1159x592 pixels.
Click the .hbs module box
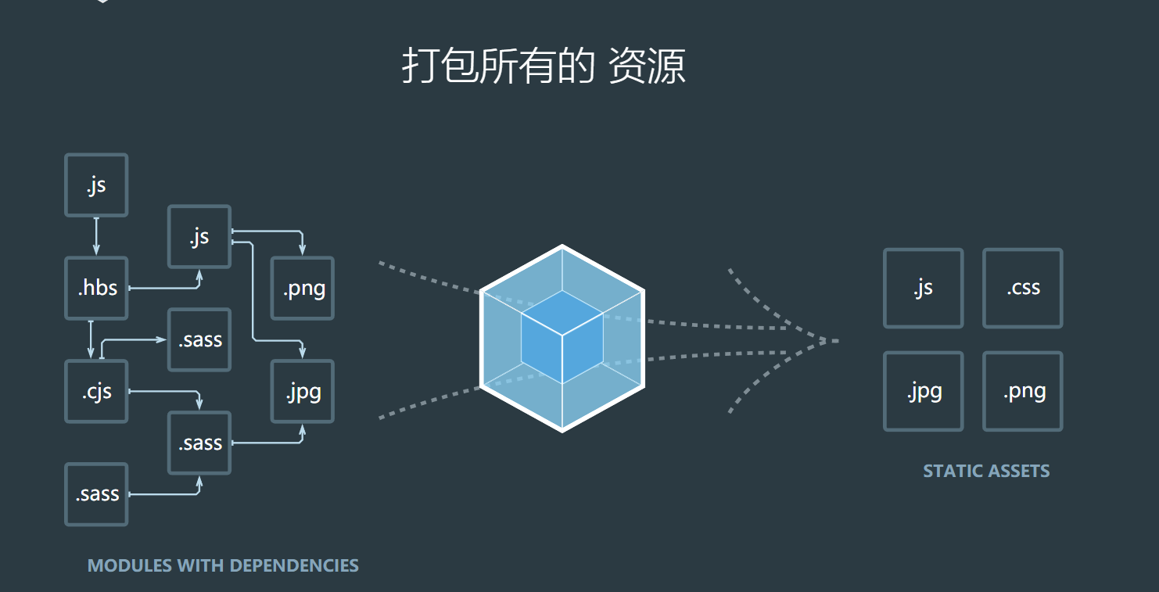[x=96, y=288]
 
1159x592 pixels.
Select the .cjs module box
[x=96, y=391]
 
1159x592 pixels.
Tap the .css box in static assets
[x=1022, y=288]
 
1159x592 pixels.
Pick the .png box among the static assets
[x=1022, y=391]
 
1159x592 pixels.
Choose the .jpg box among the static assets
[x=923, y=391]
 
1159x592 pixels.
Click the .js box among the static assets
[x=923, y=288]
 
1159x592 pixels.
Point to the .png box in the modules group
[x=303, y=288]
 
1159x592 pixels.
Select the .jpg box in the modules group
[x=303, y=391]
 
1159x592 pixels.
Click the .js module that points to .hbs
[x=96, y=185]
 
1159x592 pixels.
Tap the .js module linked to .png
[x=199, y=236]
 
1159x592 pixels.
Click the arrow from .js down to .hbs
[x=96, y=235]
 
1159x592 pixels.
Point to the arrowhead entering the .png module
[x=303, y=249]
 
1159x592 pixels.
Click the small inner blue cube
[x=562, y=336]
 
